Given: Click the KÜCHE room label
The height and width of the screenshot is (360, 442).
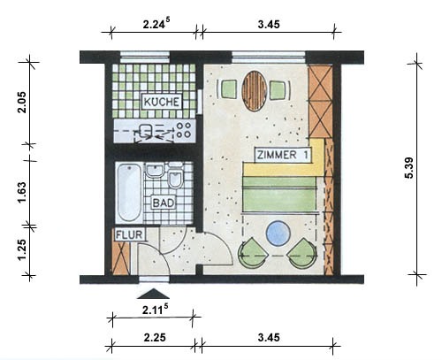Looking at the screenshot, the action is point(162,102).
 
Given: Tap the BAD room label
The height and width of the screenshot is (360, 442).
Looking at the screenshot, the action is point(164,203).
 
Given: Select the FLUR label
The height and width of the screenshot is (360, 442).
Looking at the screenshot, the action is point(129,235).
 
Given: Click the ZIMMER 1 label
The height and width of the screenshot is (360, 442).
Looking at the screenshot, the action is point(282,155).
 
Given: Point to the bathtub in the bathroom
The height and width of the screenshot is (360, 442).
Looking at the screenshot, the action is point(129,193).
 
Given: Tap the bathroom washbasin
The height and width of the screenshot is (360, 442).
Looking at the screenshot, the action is point(155,171).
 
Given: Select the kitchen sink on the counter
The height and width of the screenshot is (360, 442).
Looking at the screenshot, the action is point(145,130).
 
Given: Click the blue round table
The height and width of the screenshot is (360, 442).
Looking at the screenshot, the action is point(278,234).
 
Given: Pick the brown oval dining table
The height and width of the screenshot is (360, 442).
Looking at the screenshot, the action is point(255,91).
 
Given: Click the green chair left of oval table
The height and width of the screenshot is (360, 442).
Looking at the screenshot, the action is point(228,90).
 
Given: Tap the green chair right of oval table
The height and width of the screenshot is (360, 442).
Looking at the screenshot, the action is point(278,90).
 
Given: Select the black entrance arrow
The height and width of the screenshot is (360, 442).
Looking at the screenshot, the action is point(153,294).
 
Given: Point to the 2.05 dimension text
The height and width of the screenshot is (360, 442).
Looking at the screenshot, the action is point(22,103).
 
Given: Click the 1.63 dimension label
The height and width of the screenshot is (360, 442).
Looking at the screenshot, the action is point(22,192).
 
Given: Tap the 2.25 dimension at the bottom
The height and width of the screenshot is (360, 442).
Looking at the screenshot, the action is point(155,337).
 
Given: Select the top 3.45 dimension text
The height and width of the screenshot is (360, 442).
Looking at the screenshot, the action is point(269,24).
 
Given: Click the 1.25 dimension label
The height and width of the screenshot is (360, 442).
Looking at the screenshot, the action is point(22,249).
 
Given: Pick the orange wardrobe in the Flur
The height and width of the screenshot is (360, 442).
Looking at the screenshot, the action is point(121,258).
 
